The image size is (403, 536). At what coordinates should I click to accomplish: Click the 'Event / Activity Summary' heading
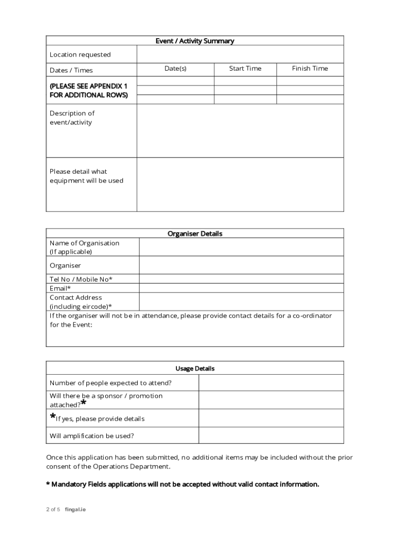(195, 41)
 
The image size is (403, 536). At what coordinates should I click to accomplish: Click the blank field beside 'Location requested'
(240, 54)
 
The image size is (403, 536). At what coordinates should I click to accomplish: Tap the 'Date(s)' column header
(175, 69)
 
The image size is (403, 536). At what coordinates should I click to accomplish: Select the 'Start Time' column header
(245, 69)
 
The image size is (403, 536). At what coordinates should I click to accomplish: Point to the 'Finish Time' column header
(310, 69)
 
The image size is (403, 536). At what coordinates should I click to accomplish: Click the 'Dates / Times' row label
(71, 70)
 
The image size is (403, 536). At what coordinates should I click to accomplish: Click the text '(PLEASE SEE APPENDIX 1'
(88, 86)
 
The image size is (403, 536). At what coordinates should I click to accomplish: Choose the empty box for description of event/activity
(240, 131)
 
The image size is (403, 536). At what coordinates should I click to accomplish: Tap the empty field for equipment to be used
(240, 185)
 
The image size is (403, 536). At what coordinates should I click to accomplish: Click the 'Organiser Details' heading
(195, 234)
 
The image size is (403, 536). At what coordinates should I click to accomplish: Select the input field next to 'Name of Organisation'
(241, 247)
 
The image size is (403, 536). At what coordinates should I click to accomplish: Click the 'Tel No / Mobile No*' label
(81, 279)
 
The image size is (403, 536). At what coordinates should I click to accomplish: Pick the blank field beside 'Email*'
(241, 288)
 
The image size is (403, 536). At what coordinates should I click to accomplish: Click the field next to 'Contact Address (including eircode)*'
(241, 301)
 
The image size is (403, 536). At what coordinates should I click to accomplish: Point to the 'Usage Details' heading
(195, 368)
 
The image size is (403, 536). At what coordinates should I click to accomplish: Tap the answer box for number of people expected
(271, 383)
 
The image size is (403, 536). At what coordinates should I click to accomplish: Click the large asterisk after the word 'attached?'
(84, 404)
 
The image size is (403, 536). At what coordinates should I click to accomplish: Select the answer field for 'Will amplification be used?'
(271, 435)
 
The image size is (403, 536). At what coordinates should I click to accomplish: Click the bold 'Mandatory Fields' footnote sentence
(183, 484)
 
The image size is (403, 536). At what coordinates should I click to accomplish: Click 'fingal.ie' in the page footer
(75, 510)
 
